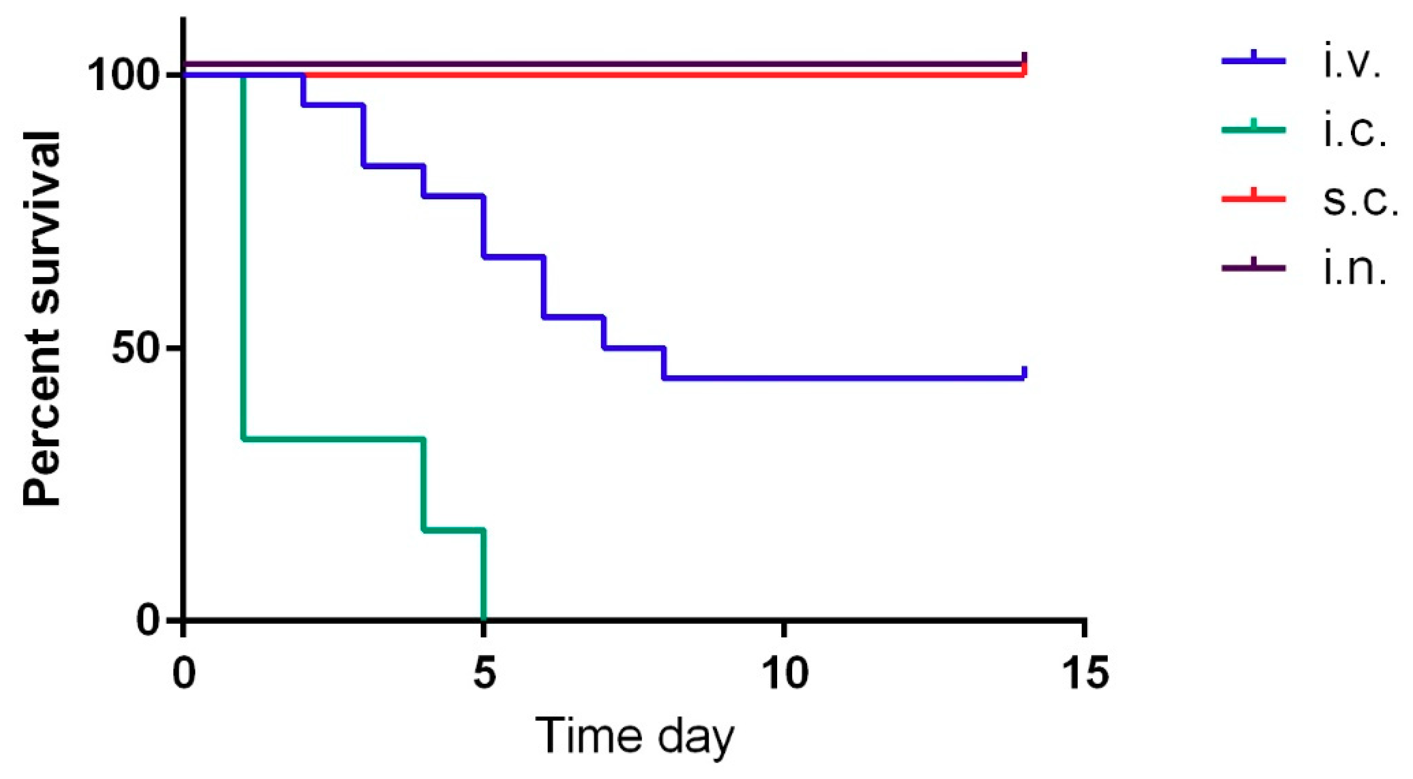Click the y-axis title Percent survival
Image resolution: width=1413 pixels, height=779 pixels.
pos(42,318)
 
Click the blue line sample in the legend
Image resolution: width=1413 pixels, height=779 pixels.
pos(1253,60)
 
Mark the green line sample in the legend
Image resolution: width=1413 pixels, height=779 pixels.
pos(1253,129)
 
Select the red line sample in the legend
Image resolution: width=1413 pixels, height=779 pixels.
pos(1253,198)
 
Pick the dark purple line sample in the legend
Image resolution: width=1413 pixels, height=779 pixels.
pos(1253,268)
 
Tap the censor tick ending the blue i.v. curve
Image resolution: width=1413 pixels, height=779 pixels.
pos(1024,373)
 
